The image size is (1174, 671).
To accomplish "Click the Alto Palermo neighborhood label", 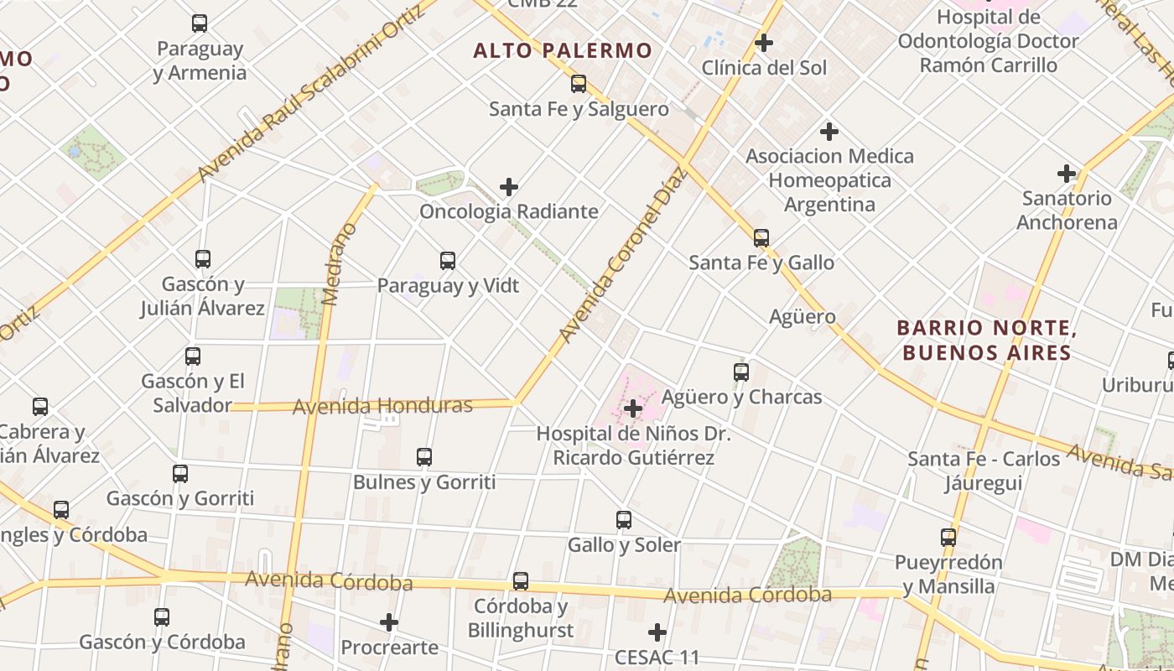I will (x=562, y=50).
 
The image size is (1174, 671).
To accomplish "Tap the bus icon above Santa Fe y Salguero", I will (x=578, y=83).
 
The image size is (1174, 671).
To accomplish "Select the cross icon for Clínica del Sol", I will (x=763, y=42).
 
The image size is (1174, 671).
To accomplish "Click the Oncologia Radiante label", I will (x=508, y=211).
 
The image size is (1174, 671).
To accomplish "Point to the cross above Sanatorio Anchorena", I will (x=1066, y=174).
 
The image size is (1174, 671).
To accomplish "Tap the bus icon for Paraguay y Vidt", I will (x=448, y=261).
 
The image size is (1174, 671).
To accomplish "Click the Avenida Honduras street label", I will (x=382, y=407).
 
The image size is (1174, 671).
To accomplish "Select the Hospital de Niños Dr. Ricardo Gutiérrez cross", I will (x=633, y=408).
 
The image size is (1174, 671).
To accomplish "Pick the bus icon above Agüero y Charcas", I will (x=740, y=372).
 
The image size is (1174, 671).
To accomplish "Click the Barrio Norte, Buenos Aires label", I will (x=986, y=340).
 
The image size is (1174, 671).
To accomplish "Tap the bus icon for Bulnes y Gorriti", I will (x=424, y=457).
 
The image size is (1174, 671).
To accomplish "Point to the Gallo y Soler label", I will (x=624, y=545).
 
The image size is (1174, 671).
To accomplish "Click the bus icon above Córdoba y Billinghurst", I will (x=521, y=580).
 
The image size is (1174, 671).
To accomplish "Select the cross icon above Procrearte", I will (x=388, y=622).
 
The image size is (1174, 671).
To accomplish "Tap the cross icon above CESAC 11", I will (x=657, y=632).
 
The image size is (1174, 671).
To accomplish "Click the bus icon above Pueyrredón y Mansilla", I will (x=948, y=537).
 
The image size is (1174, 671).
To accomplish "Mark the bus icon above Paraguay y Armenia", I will (x=199, y=23).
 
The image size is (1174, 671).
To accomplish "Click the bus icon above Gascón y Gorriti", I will (x=180, y=473).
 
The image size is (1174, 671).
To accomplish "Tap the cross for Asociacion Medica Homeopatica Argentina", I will (x=829, y=132).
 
